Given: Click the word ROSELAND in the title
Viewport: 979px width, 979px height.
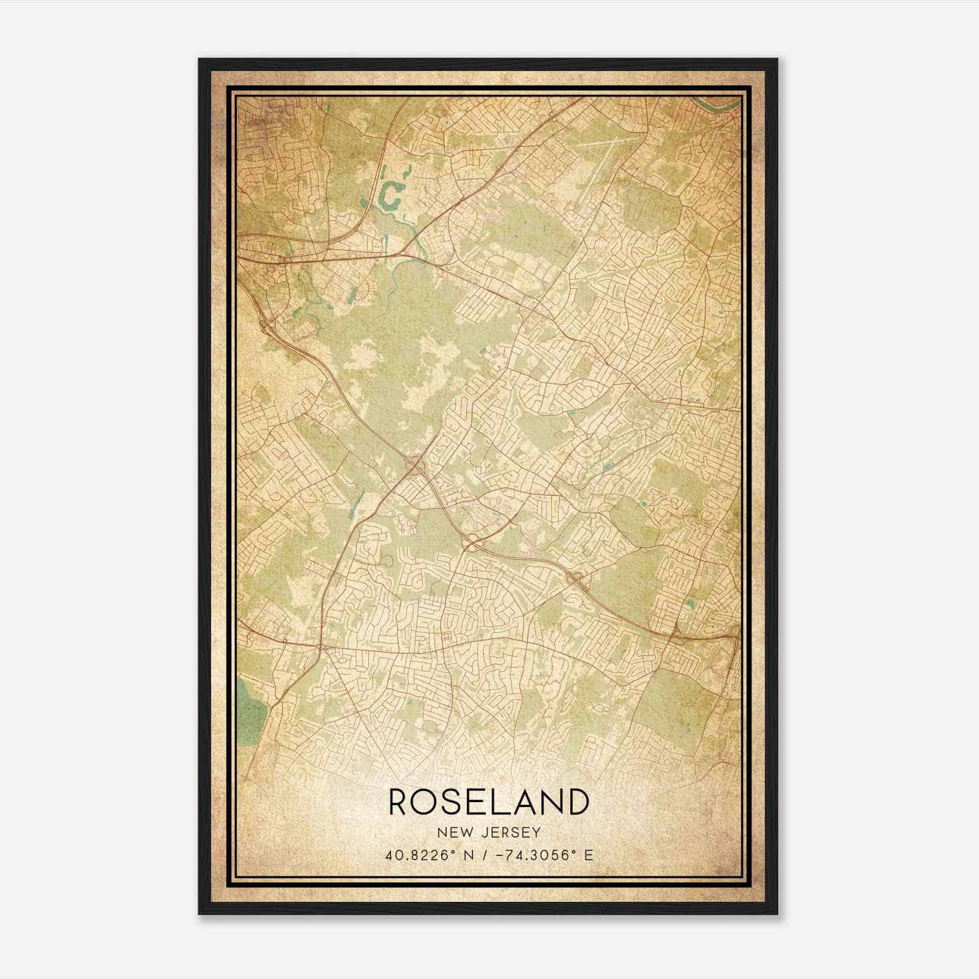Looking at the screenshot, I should point(488,802).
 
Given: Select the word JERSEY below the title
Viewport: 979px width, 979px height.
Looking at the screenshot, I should point(507,833).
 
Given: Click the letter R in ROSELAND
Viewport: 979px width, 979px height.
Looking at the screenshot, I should point(400,802).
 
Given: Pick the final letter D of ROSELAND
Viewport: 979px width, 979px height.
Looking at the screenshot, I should point(577,802).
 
